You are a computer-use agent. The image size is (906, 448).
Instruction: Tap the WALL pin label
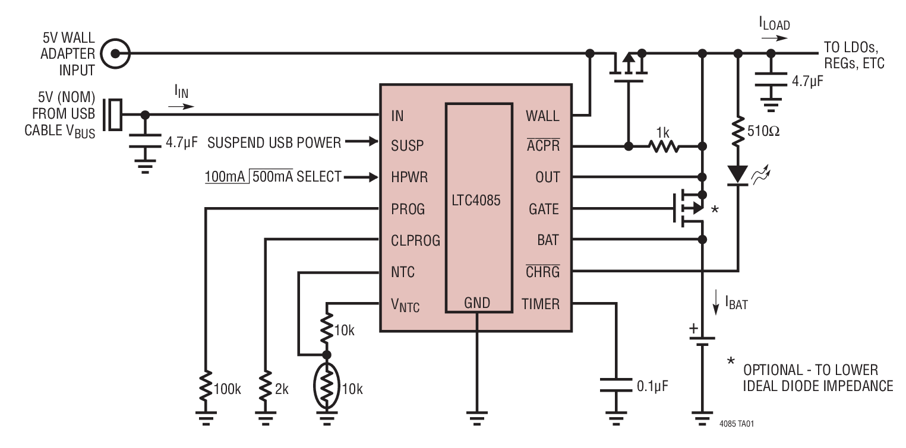[542, 116]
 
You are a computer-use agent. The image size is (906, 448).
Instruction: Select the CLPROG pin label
[415, 240]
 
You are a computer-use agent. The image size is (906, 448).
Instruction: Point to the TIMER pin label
[540, 304]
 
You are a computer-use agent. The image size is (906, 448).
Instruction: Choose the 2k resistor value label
[281, 390]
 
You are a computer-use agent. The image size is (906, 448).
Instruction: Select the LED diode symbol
[738, 174]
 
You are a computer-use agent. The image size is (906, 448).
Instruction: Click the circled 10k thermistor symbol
[326, 389]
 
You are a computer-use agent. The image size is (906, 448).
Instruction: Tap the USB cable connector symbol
[113, 114]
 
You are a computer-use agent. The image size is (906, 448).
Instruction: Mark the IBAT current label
[735, 305]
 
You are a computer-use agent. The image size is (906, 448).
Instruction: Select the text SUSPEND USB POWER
[274, 142]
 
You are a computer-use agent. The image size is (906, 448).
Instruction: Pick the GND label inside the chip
[478, 303]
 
